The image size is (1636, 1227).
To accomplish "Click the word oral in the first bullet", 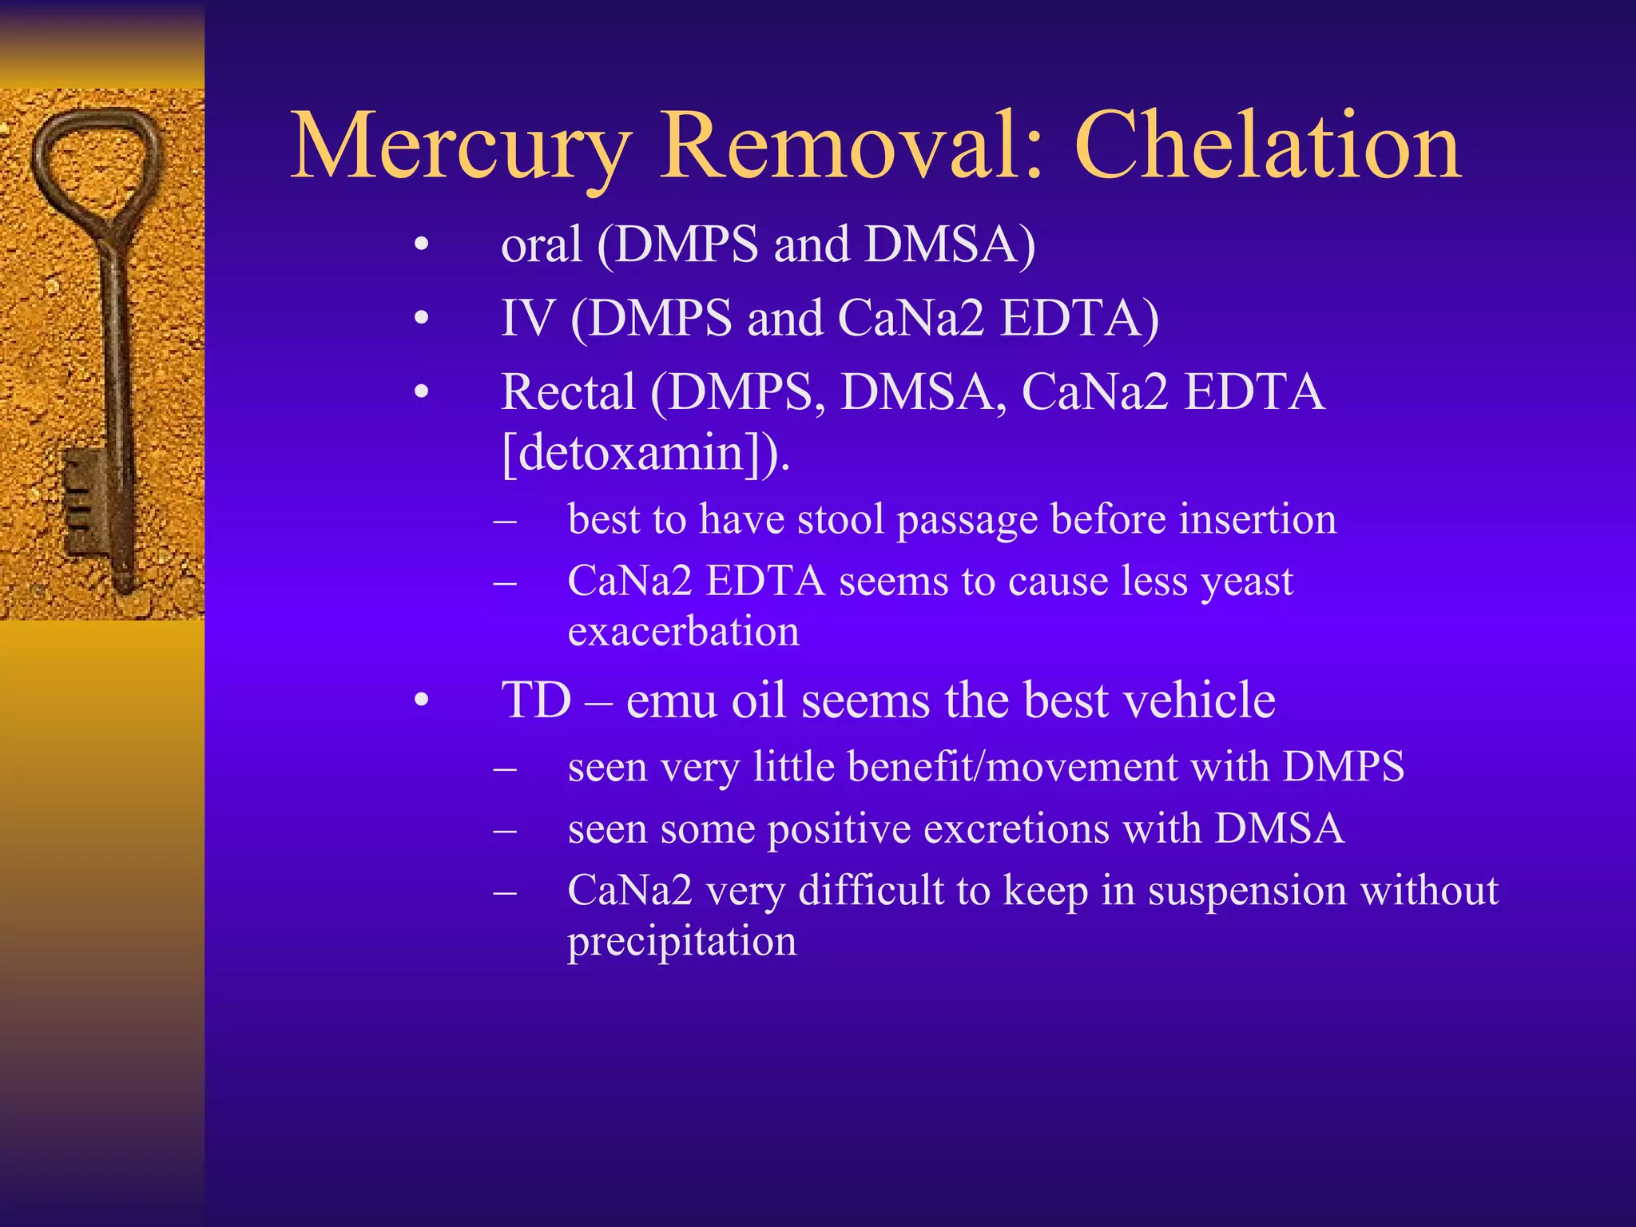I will click(541, 244).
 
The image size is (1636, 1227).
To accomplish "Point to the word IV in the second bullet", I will click(526, 318).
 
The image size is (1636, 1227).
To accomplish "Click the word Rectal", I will click(568, 392).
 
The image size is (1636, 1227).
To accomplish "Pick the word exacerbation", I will click(683, 632).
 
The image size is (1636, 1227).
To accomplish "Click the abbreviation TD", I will click(536, 701).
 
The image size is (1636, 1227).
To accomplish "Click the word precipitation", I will click(681, 942).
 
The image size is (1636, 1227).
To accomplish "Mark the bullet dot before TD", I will click(422, 701).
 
